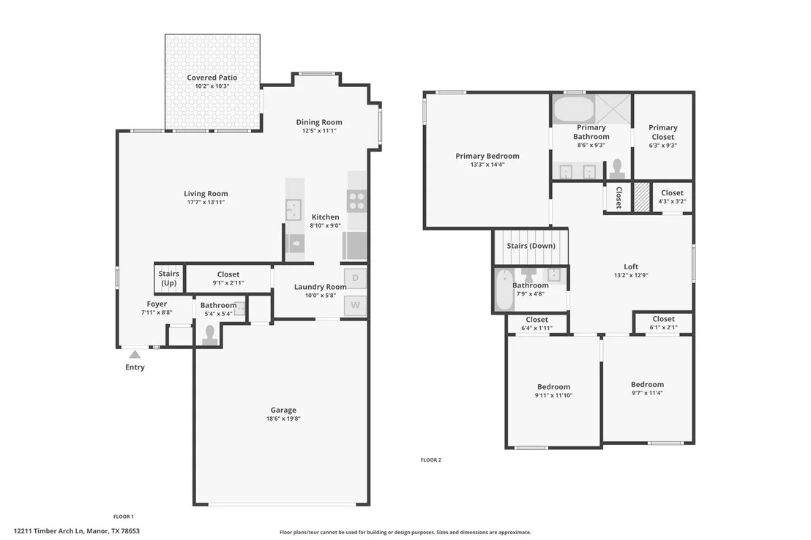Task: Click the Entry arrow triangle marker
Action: click(x=135, y=354)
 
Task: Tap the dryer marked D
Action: click(x=355, y=278)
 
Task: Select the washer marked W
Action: click(x=355, y=305)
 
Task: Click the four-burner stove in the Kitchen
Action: click(x=356, y=201)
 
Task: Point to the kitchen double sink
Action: click(x=294, y=209)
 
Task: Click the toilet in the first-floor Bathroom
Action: click(x=209, y=335)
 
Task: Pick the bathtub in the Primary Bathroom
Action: click(x=574, y=108)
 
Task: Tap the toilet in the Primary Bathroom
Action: click(x=616, y=168)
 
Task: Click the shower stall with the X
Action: click(x=613, y=108)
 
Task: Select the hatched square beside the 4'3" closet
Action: click(x=642, y=197)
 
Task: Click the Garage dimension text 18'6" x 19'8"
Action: click(x=283, y=419)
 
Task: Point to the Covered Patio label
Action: click(x=212, y=78)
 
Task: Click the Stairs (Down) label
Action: click(x=531, y=246)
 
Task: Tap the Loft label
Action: click(x=631, y=267)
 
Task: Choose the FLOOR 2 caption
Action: click(x=431, y=460)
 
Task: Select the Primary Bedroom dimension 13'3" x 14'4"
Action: click(x=487, y=165)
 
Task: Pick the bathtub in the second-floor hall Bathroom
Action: click(x=504, y=290)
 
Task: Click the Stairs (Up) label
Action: click(x=169, y=278)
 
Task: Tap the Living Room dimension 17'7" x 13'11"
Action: click(x=206, y=202)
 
